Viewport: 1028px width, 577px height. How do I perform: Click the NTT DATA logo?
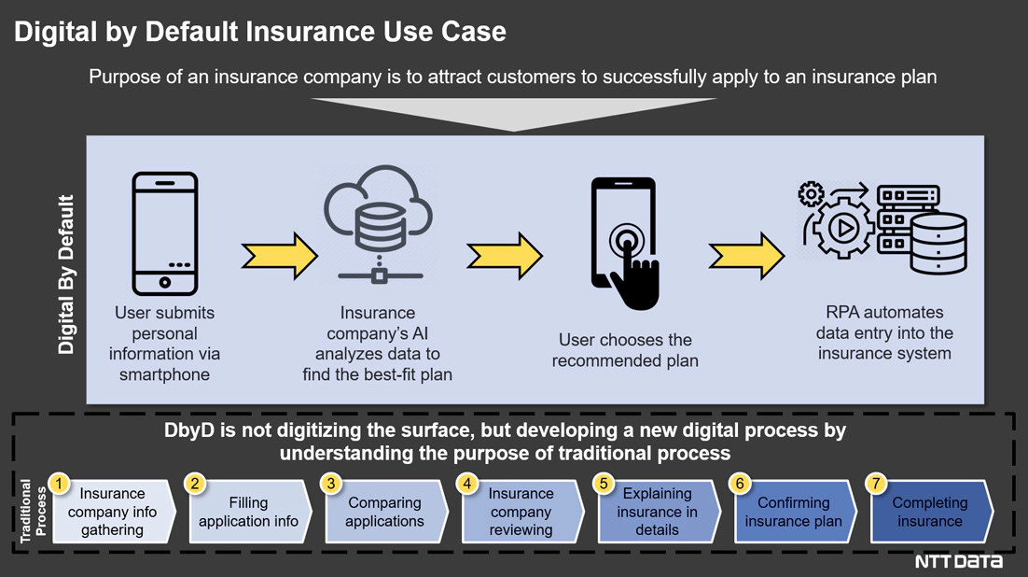coord(958,561)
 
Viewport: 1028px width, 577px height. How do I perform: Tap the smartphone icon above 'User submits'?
coord(164,233)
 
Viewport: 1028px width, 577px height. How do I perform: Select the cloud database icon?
coord(378,224)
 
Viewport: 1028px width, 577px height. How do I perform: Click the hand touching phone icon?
coord(625,243)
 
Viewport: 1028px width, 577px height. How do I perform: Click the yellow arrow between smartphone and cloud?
coord(279,255)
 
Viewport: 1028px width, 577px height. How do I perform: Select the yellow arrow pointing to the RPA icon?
coord(746,255)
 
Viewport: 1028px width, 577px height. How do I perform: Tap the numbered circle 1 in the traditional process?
coord(60,484)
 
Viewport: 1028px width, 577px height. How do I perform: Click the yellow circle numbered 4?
coord(467,484)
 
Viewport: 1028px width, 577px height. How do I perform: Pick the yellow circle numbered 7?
coord(876,484)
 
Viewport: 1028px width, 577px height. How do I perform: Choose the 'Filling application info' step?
coord(249,512)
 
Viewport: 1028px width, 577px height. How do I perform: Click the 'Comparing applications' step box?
coord(384,512)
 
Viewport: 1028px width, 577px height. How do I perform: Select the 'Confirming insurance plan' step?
coord(793,512)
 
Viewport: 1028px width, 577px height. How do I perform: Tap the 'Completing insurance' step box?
coord(929,512)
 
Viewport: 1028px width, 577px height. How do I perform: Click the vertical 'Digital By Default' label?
coord(66,274)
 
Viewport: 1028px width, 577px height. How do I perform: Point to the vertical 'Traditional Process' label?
coord(34,511)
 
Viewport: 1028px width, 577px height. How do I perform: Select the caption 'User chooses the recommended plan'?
coord(624,350)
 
